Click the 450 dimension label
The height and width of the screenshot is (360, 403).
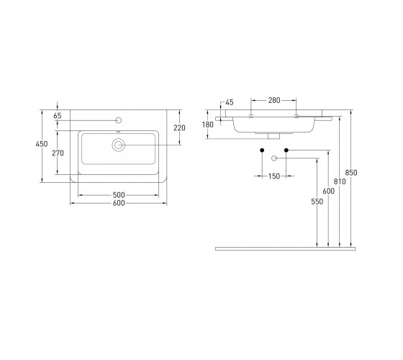tap(42, 144)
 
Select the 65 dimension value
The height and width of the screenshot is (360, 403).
tap(58, 116)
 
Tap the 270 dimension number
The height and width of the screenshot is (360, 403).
tap(58, 153)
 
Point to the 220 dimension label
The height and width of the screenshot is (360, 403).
tap(179, 127)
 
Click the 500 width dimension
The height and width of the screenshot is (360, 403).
tap(119, 195)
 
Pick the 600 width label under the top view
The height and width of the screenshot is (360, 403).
tap(119, 203)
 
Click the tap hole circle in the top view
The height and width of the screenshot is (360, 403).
tap(119, 120)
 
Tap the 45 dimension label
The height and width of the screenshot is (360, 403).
tap(230, 102)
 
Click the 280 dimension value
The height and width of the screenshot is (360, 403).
tap(274, 100)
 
